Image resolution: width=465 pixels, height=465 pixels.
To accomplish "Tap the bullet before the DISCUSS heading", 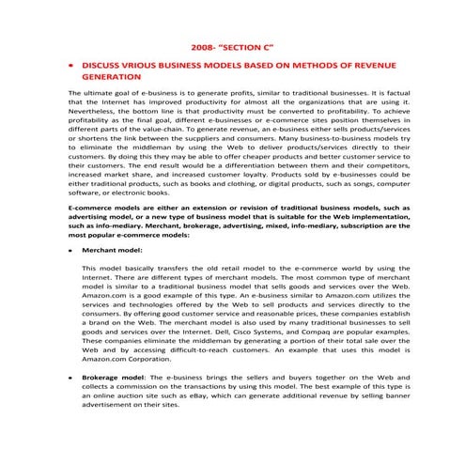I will [x=72, y=67].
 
